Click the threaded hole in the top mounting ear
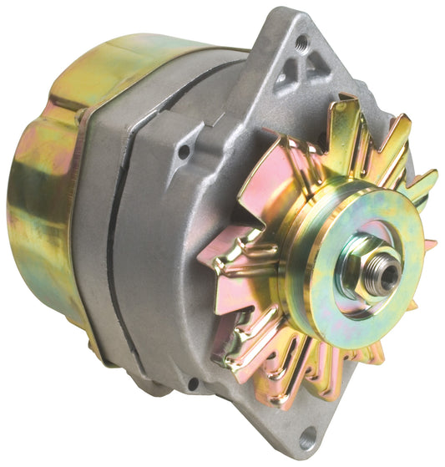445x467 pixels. [301, 42]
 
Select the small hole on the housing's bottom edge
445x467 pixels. [194, 383]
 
